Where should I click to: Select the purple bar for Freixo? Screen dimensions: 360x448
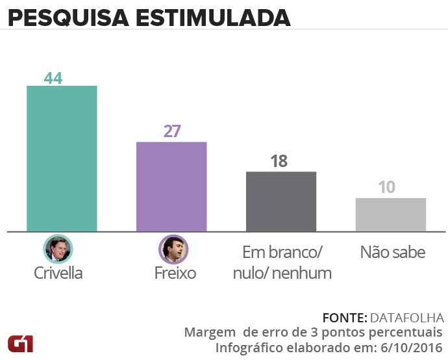pos(171,186)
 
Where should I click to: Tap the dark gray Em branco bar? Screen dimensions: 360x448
pos(280,201)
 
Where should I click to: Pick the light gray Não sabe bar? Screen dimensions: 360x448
pos(391,214)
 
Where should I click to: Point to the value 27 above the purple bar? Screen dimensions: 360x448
pos(172,131)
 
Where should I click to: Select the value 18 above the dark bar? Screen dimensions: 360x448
pos(279,161)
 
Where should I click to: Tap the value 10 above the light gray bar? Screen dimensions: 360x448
pos(387,188)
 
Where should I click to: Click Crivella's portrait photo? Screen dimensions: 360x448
pos(58,249)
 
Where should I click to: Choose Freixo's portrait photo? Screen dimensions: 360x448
pos(173,249)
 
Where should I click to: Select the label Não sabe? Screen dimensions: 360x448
pos(393,252)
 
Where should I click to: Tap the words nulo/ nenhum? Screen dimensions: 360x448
pos(282,273)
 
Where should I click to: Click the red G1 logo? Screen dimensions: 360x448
pos(22,343)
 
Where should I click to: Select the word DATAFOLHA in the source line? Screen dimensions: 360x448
pos(406,318)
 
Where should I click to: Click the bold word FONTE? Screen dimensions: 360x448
pos(344,318)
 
